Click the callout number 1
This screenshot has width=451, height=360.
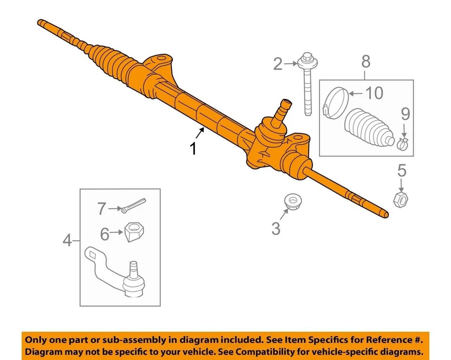pos(193,149)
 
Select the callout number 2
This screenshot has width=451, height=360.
pos(278,64)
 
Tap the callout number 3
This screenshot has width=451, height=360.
pos(276,229)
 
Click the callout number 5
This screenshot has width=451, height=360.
pos(402,171)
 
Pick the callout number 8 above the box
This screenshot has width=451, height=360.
pos(366,62)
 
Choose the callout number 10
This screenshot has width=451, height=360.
pos(374,93)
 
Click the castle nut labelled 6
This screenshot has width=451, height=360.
pos(134,231)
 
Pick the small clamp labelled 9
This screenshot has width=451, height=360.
pos(402,143)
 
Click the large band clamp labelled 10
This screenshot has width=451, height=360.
pos(336,102)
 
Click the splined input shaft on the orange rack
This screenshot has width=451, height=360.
pos(283,110)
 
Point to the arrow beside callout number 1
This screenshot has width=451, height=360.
pos(201,133)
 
